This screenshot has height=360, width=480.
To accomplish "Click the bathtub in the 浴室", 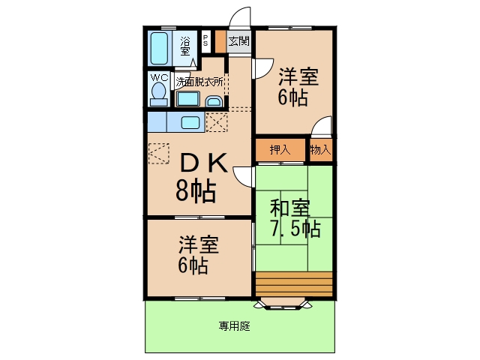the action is click(159, 48).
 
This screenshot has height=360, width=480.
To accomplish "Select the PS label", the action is click(205, 40).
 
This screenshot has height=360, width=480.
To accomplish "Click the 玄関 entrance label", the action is click(238, 41).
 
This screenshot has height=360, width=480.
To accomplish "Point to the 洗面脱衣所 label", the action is click(199, 82).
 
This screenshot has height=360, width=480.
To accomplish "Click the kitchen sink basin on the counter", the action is click(190, 122).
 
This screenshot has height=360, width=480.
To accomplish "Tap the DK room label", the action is click(204, 163).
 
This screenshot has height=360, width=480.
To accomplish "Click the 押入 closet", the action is click(280, 150).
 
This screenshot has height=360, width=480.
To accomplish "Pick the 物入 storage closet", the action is click(321, 150).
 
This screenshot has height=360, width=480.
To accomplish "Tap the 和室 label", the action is click(289, 208).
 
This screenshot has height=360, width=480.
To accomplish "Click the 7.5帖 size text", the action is click(295, 228).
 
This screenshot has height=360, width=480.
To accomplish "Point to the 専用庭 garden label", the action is click(234, 326).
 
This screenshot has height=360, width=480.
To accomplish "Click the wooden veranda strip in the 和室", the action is click(294, 283).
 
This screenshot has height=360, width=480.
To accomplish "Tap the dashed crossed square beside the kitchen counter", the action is click(217, 122).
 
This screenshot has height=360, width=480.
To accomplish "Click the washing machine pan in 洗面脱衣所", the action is click(187, 99).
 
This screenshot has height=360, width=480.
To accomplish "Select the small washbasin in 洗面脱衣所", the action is click(213, 101).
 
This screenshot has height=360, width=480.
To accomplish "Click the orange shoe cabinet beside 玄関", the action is click(220, 41).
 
